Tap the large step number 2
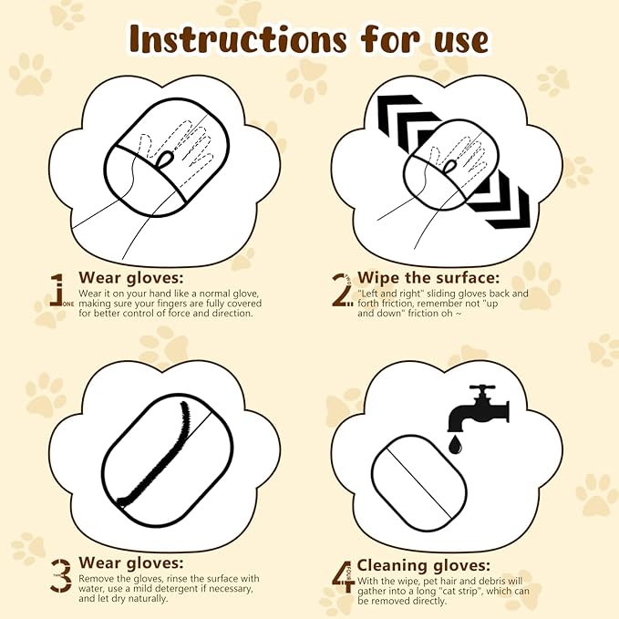pyautogui.click(x=341, y=288)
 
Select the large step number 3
pyautogui.click(x=60, y=575)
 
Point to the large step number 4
pyautogui.click(x=343, y=574)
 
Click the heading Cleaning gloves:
pyautogui.click(x=422, y=565)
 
